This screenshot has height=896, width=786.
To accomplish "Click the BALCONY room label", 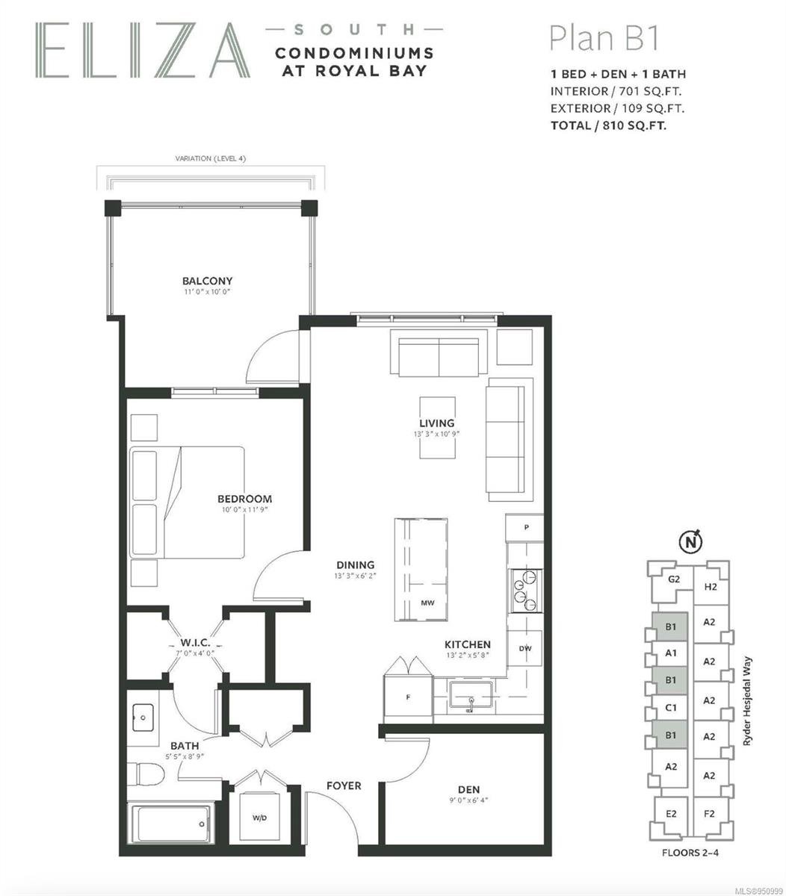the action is (x=207, y=281).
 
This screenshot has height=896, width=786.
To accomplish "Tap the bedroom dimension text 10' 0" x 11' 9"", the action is (x=245, y=509).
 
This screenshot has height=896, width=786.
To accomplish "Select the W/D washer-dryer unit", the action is (x=259, y=818).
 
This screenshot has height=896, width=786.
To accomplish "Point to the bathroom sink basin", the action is (x=143, y=718).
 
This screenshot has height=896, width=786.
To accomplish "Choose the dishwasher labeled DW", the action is (x=525, y=648).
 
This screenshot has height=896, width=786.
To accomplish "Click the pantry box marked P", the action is (x=525, y=527).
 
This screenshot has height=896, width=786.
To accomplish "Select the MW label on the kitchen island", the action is (x=427, y=603).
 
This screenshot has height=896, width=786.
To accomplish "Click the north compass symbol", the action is (x=691, y=541).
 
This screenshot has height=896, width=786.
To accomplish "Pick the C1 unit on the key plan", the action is (x=670, y=708).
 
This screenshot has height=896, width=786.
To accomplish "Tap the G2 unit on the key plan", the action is (x=673, y=579).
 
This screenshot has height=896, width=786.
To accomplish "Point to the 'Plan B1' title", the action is (x=604, y=39).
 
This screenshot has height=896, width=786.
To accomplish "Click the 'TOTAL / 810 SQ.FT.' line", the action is (x=608, y=125).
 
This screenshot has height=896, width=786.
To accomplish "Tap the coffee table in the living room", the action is (x=437, y=427).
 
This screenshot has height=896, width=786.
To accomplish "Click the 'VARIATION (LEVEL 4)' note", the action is (x=210, y=158).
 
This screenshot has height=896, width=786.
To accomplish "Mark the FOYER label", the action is (x=344, y=785).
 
